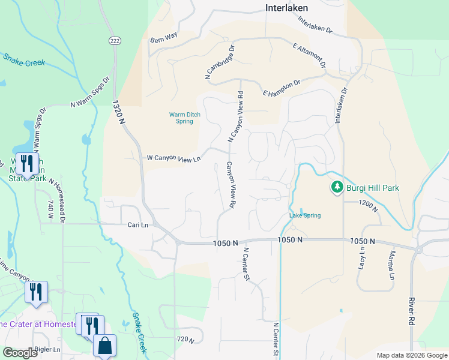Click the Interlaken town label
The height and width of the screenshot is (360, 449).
point(286,8)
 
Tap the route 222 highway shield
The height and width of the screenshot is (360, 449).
point(115,40)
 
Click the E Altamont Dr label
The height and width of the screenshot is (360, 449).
point(309,55)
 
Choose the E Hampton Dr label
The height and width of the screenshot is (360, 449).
point(282,88)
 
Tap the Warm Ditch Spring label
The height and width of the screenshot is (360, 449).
point(181,118)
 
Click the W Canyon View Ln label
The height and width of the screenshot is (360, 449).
point(173,158)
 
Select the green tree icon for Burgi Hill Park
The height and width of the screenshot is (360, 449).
point(337,188)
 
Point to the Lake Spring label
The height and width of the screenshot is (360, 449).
point(305,215)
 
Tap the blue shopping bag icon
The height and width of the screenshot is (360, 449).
point(104,346)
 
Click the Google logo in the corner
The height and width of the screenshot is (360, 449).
point(20,353)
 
